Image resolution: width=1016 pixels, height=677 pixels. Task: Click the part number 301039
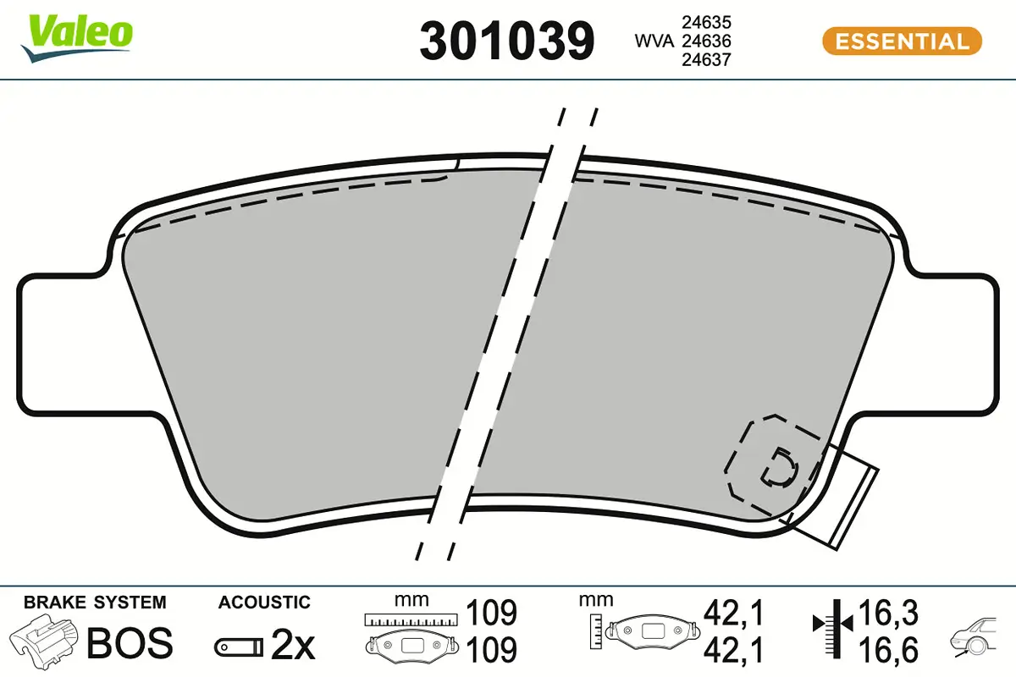[507, 41]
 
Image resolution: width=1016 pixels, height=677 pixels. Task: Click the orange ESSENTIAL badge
[902, 41]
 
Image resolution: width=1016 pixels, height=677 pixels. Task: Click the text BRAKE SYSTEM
[95, 603]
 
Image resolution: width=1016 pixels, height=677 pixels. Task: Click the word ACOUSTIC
[264, 603]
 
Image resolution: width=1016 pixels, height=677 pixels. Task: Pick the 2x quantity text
[292, 646]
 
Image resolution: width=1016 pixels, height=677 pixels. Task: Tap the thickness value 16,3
[886, 611]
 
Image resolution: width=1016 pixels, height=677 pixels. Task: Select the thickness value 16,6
[886, 650]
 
